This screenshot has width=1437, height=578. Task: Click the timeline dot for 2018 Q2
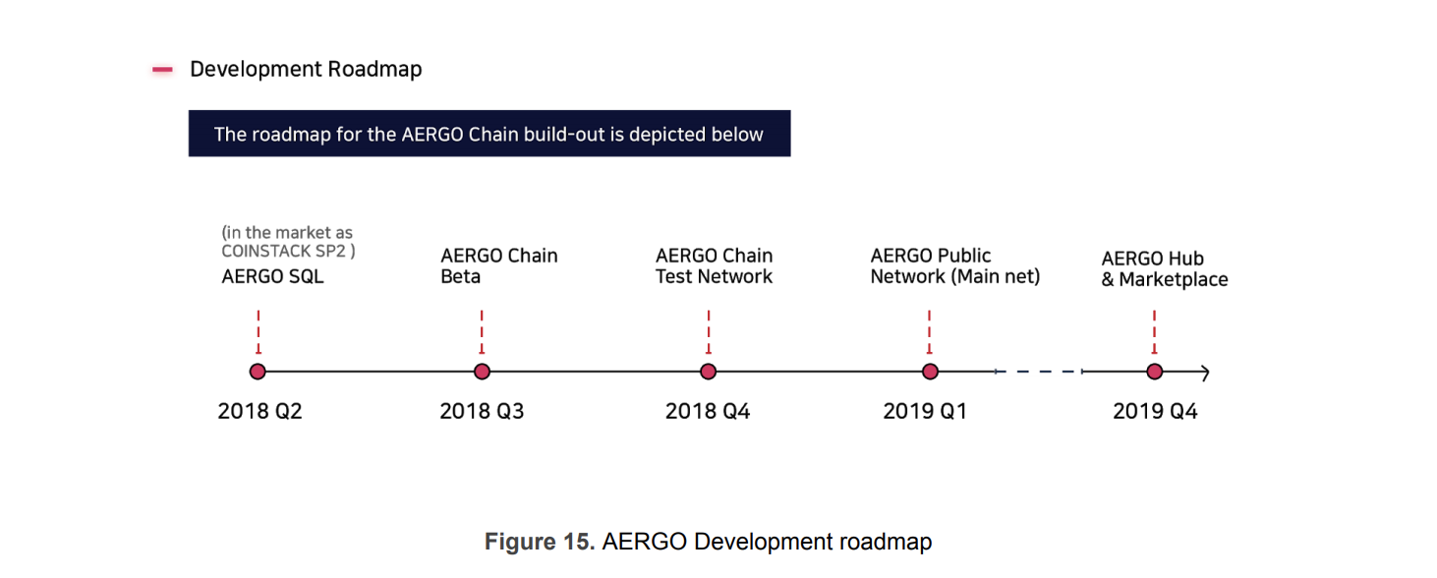pyautogui.click(x=258, y=372)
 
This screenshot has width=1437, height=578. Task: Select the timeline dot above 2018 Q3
pyautogui.click(x=482, y=372)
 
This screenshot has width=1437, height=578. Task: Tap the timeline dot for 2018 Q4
pyautogui.click(x=709, y=372)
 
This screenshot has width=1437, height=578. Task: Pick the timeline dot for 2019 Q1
pyautogui.click(x=930, y=372)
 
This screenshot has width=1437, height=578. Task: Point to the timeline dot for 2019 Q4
pyautogui.click(x=1155, y=372)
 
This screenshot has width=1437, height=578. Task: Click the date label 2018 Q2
pyautogui.click(x=259, y=411)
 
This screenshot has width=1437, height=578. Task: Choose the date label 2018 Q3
pyautogui.click(x=482, y=411)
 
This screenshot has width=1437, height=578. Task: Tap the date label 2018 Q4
pyautogui.click(x=708, y=411)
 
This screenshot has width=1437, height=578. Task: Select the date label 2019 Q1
pyautogui.click(x=925, y=411)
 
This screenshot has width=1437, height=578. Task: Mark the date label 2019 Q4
pyautogui.click(x=1155, y=411)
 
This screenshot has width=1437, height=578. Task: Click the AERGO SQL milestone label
pyautogui.click(x=272, y=276)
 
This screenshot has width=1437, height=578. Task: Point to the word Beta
pyautogui.click(x=461, y=276)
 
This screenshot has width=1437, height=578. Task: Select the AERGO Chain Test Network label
pyautogui.click(x=714, y=266)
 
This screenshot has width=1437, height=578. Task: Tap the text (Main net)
pyautogui.click(x=996, y=276)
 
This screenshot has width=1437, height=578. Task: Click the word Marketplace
pyautogui.click(x=1174, y=280)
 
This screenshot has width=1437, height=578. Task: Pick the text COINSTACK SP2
pyautogui.click(x=283, y=251)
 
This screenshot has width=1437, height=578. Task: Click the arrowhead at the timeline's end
pyautogui.click(x=1206, y=373)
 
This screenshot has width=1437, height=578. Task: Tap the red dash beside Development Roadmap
pyautogui.click(x=162, y=69)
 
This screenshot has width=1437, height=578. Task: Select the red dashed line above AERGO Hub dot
pyautogui.click(x=1154, y=331)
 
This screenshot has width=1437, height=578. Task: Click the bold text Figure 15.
pyautogui.click(x=540, y=542)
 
